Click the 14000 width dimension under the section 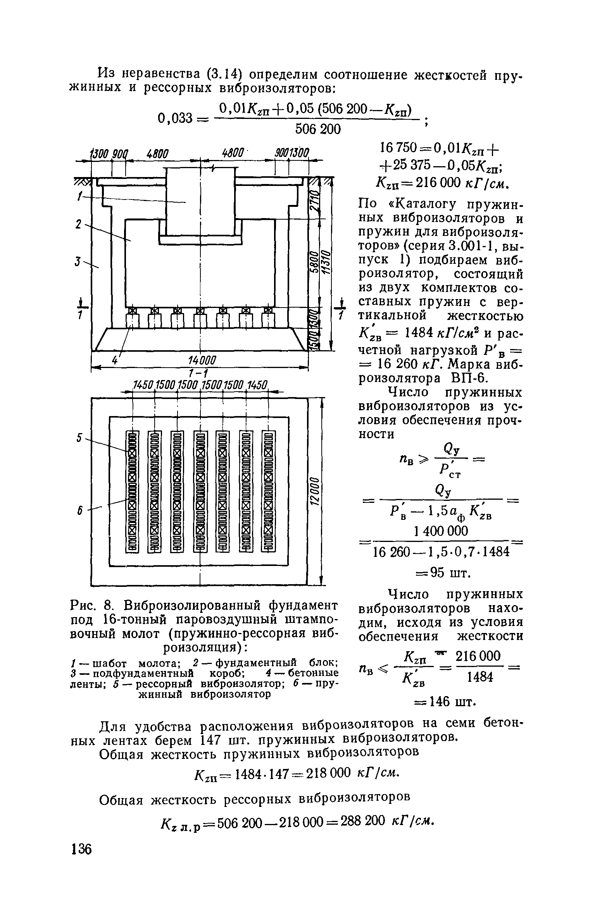coord(201,360)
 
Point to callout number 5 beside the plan coord(79,438)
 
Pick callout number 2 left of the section coord(78,225)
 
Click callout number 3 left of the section coord(78,262)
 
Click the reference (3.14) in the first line coord(228,74)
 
